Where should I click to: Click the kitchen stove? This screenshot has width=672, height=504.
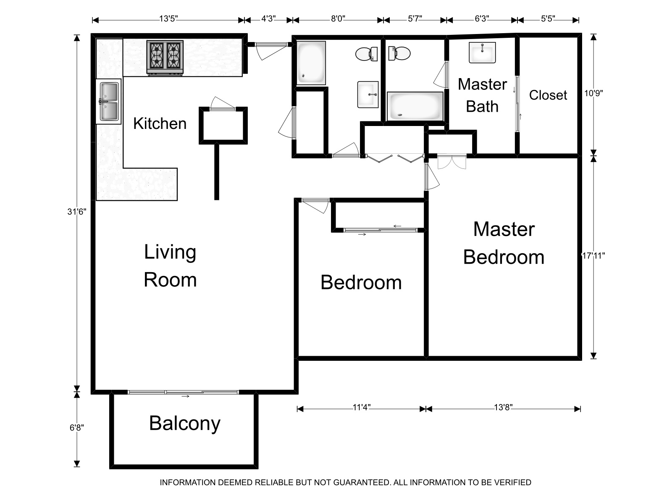[x=165, y=58]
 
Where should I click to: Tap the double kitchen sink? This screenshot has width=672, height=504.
[x=109, y=102]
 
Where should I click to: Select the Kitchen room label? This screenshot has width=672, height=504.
[x=160, y=123]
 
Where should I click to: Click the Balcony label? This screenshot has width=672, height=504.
[x=185, y=424]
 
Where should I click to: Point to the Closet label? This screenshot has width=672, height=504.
[x=548, y=95]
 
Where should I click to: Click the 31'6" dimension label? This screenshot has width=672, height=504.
[x=77, y=211]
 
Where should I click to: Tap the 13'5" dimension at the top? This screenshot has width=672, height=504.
[x=168, y=18]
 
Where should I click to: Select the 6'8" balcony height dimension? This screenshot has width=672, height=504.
[x=76, y=428]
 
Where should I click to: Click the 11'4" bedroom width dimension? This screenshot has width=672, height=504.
[x=362, y=407]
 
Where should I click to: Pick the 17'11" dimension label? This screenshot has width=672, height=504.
[x=593, y=255]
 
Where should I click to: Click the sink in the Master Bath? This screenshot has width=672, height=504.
[x=482, y=52]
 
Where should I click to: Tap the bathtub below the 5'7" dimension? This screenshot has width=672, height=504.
[x=415, y=106]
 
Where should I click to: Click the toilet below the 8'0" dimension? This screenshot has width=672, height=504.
[x=367, y=54]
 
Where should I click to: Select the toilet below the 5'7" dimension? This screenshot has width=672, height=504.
[x=399, y=53]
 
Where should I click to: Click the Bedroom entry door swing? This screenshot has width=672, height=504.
[x=315, y=205]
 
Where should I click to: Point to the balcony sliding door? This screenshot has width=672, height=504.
[x=183, y=392]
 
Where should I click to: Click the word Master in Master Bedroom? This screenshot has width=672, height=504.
[x=504, y=229]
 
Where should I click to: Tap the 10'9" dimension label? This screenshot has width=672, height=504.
[x=593, y=93]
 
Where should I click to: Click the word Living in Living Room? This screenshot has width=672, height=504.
[x=170, y=252]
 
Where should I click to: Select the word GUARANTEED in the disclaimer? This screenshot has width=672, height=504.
[x=362, y=483]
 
